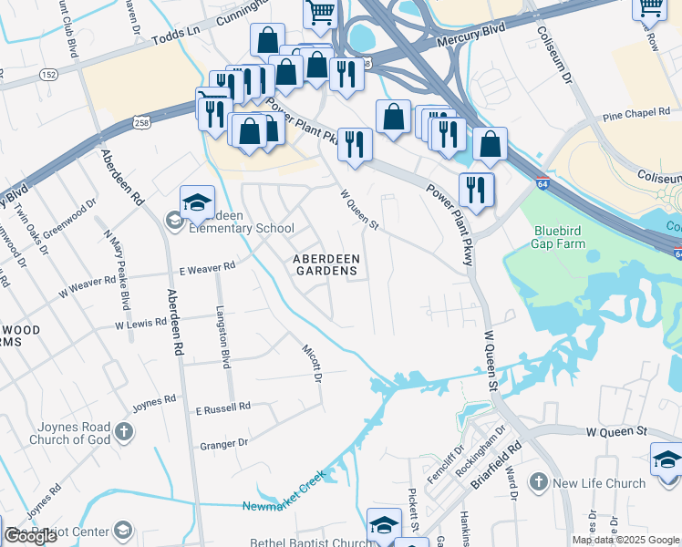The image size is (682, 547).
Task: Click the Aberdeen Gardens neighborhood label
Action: pos(326,264)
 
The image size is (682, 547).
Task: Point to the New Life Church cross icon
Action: pos(539,482)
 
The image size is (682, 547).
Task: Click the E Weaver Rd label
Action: pos(207,267)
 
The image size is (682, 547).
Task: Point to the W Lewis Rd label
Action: pos(141,323)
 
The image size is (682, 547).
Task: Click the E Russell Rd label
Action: pos(223,407)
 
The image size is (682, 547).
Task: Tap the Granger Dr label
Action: pos(223,444)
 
